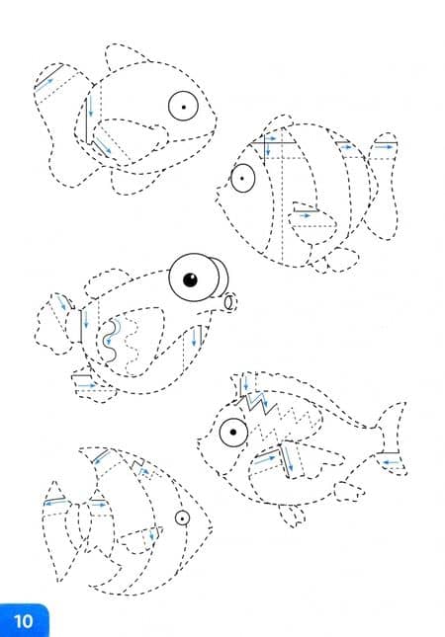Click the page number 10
[x=23, y=621]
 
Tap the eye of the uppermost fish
[x=184, y=107]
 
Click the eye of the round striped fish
[x=243, y=178]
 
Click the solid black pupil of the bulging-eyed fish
[x=191, y=279]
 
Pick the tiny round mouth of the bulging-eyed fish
[x=229, y=302]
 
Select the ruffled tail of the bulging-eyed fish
[x=57, y=324]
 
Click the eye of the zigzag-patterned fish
[x=233, y=433]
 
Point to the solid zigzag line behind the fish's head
[x=260, y=403]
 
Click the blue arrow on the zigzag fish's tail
[x=392, y=462]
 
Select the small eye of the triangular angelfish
[x=182, y=518]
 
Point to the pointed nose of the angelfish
[x=211, y=529]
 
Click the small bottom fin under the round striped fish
[x=342, y=259]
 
